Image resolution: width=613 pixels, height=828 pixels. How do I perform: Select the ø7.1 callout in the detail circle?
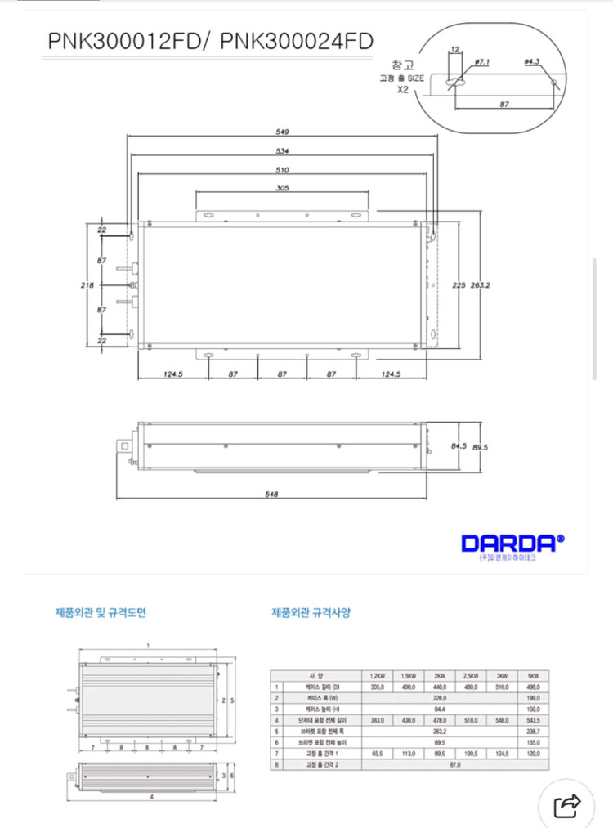(x=481, y=62)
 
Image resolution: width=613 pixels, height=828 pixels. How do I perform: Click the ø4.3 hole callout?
(x=532, y=62)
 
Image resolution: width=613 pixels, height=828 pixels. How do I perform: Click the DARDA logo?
(x=512, y=543)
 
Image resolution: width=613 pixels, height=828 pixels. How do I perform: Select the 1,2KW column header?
(x=377, y=676)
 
